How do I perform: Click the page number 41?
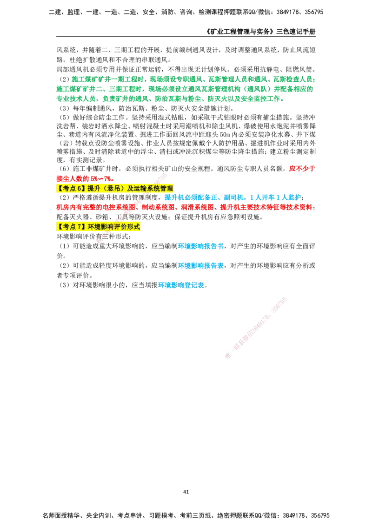click(x=186, y=492)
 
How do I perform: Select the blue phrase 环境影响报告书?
click(x=201, y=246)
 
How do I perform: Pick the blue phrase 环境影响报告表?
click(x=201, y=266)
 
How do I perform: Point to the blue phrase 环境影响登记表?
click(x=181, y=285)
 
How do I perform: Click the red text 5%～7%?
click(x=102, y=178)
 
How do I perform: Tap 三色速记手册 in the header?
click(x=296, y=32)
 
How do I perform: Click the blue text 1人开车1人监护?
click(x=275, y=197)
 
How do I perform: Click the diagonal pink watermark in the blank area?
click(x=255, y=328)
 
